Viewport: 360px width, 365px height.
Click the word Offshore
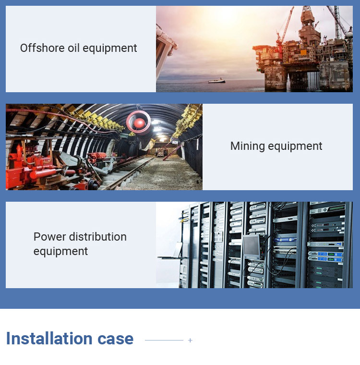point(42,48)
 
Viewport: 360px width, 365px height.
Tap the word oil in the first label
point(74,48)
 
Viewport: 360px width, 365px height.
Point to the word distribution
point(98,237)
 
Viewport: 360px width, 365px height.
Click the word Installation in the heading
point(49,338)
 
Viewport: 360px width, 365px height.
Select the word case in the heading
point(115,339)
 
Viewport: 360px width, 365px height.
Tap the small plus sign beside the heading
point(190,341)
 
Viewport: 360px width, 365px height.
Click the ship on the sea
point(216,81)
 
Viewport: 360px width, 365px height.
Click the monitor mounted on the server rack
point(252,247)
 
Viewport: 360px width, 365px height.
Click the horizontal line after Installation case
point(164,341)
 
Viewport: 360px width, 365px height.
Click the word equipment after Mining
point(295,146)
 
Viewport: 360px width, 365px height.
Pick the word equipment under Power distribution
point(61,251)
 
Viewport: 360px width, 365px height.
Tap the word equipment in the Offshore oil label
point(110,48)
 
